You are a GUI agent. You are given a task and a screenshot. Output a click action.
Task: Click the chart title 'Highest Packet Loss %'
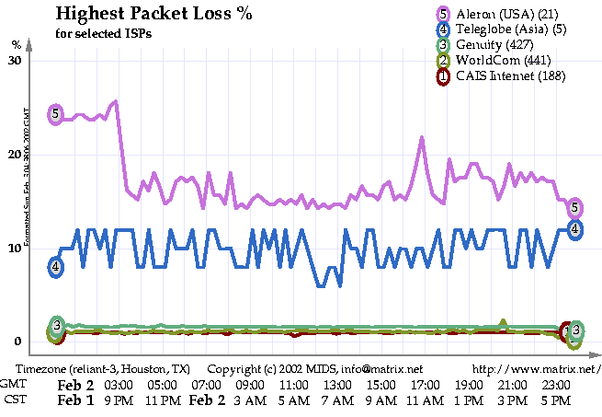153,15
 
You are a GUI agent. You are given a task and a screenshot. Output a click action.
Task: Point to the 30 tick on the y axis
14,60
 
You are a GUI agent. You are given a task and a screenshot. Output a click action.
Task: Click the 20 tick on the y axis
14,155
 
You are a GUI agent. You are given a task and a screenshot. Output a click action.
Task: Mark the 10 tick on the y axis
14,249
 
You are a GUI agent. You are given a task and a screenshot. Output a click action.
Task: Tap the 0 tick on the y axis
17,342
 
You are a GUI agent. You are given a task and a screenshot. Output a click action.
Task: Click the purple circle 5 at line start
56,114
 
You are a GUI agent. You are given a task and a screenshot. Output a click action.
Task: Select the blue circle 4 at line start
56,267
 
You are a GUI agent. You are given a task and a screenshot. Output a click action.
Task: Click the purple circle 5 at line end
574,207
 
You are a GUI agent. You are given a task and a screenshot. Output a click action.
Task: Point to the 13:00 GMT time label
337,385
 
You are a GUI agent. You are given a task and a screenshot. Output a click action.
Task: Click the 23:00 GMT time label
557,385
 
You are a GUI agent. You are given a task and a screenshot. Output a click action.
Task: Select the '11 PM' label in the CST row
162,400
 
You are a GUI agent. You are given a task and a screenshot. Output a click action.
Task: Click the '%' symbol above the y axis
17,44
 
